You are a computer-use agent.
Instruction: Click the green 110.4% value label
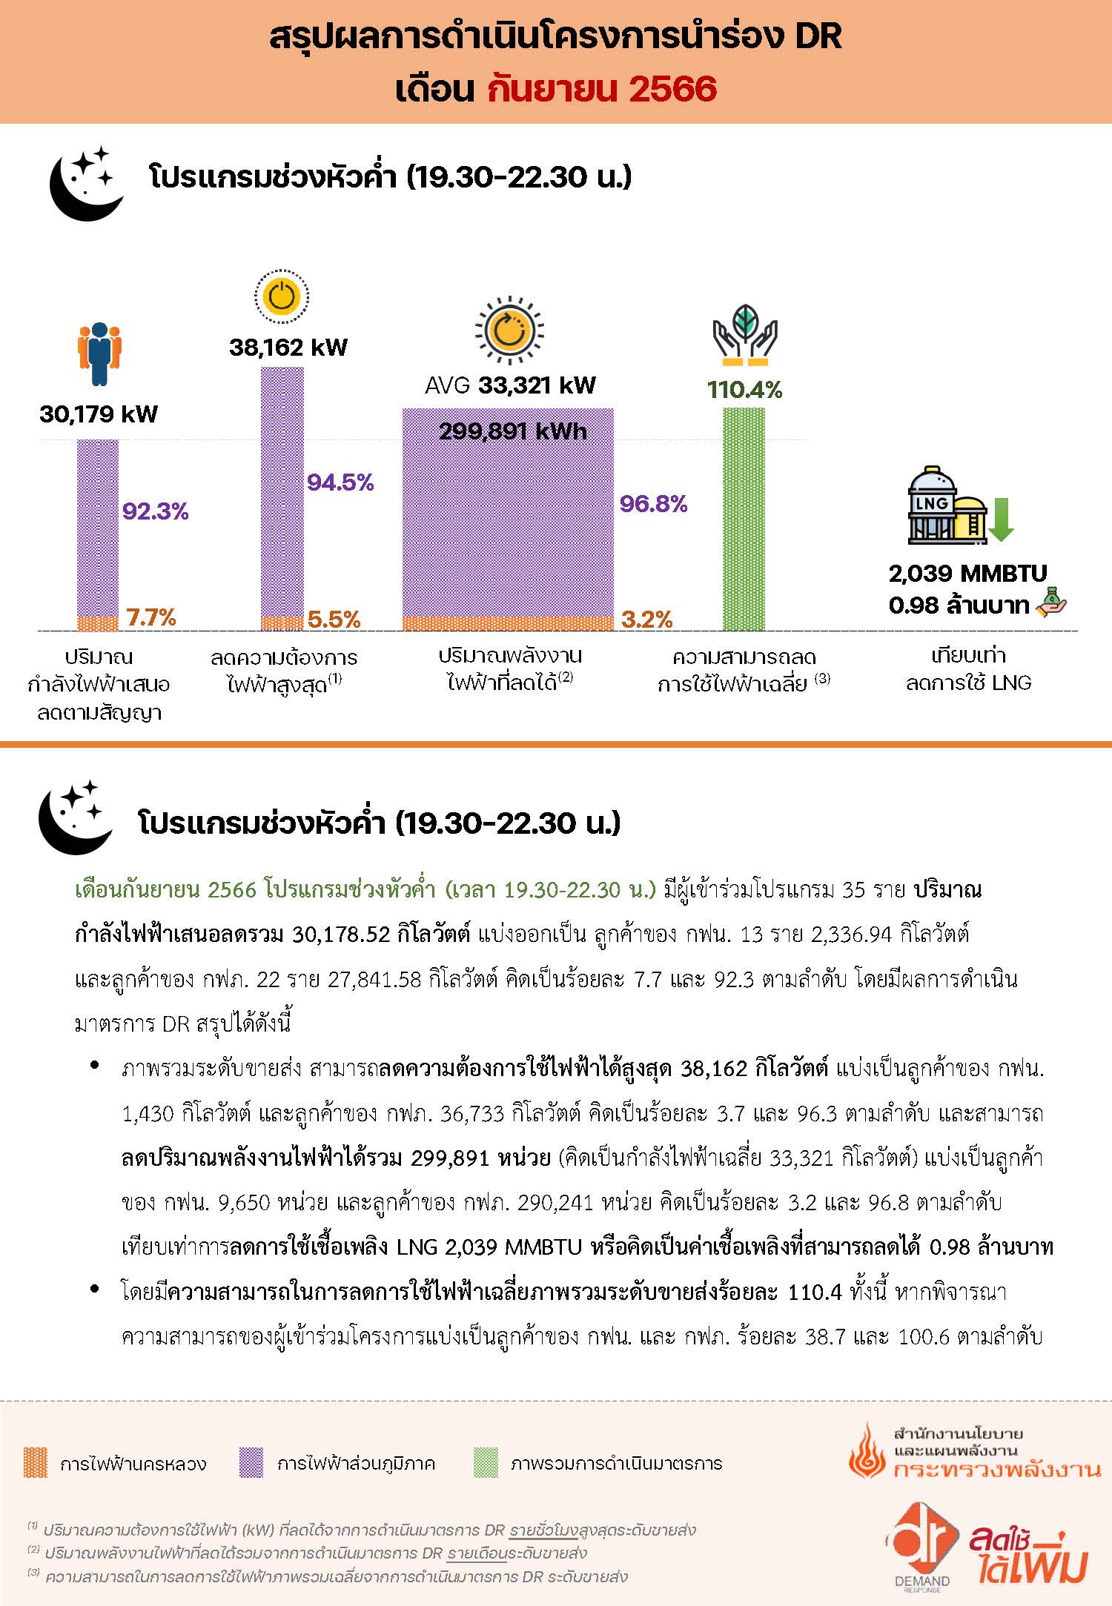744,390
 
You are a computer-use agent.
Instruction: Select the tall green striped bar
744,519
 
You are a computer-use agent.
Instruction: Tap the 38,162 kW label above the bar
288,348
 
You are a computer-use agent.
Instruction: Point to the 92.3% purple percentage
156,511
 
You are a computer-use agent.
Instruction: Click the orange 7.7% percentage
151,617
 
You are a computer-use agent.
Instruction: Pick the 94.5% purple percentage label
340,482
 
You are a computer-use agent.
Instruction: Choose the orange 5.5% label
334,619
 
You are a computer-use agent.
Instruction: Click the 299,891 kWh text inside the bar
513,431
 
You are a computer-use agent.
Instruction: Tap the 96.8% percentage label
653,504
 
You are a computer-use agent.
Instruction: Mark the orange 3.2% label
647,619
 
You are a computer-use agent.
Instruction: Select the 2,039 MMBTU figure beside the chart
968,573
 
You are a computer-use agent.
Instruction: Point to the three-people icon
99,354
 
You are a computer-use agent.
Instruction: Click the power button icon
282,297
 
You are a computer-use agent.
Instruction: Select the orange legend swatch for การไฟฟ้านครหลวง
36,1463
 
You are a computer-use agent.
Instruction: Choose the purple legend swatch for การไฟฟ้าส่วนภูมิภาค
251,1463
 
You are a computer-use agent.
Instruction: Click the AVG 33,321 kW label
510,385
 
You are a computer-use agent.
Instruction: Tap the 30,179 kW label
99,414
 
